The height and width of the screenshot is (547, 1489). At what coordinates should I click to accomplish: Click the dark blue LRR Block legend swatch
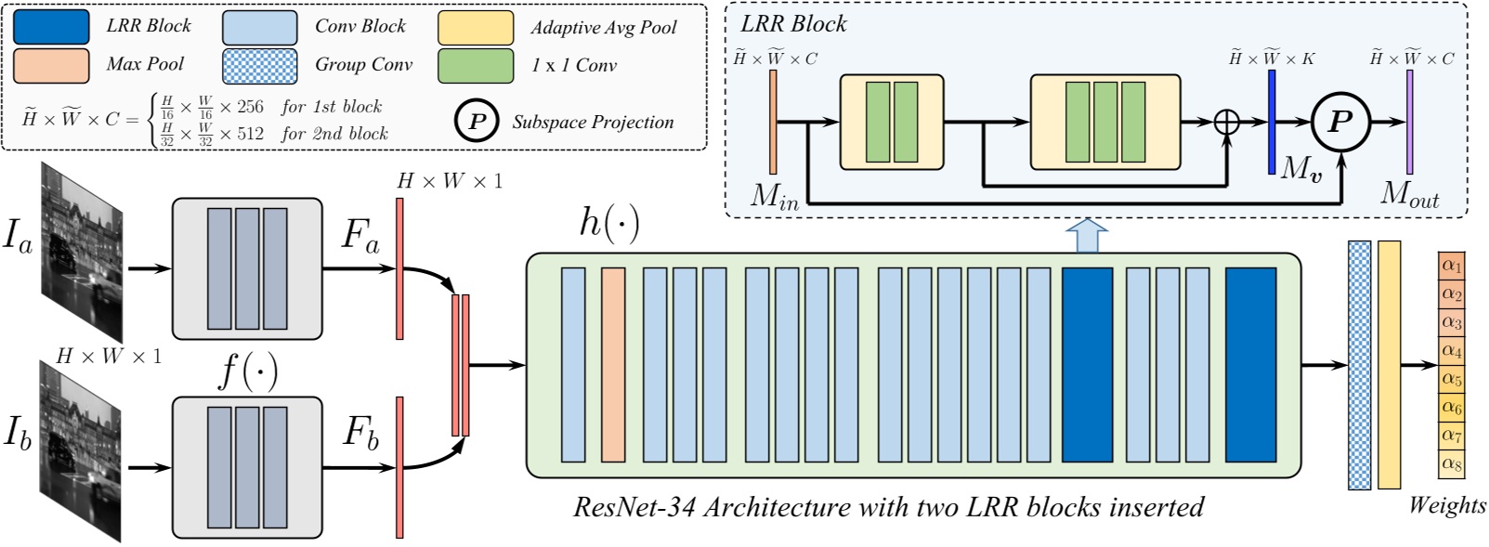click(x=51, y=27)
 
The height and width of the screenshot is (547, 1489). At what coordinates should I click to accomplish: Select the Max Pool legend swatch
click(x=51, y=65)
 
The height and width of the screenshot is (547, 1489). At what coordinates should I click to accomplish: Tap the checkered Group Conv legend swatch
click(x=260, y=65)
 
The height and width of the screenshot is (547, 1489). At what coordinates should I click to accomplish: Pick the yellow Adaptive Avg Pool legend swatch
click(x=476, y=28)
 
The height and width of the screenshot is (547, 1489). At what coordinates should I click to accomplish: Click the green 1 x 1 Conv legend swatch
click(x=476, y=65)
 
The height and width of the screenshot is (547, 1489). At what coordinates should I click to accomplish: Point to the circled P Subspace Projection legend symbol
click(x=477, y=122)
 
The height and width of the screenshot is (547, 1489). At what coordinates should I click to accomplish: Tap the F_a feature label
click(x=360, y=234)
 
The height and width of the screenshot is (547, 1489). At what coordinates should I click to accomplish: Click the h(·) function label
click(x=608, y=224)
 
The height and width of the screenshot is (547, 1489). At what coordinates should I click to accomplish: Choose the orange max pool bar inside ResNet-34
click(x=613, y=365)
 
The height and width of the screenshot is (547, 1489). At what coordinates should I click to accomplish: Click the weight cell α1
click(x=1451, y=266)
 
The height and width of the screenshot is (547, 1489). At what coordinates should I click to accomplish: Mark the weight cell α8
click(x=1451, y=463)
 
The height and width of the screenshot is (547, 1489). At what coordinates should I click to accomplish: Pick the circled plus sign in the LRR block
click(x=1228, y=122)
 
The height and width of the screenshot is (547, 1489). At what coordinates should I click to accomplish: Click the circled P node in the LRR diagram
click(x=1340, y=122)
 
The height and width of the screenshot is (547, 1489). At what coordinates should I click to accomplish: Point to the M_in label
click(x=774, y=196)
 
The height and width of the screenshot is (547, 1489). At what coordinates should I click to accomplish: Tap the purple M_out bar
click(x=1409, y=122)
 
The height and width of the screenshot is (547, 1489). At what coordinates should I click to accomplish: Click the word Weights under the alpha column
click(x=1447, y=505)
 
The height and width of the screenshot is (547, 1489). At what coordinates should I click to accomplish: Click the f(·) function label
click(x=247, y=371)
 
